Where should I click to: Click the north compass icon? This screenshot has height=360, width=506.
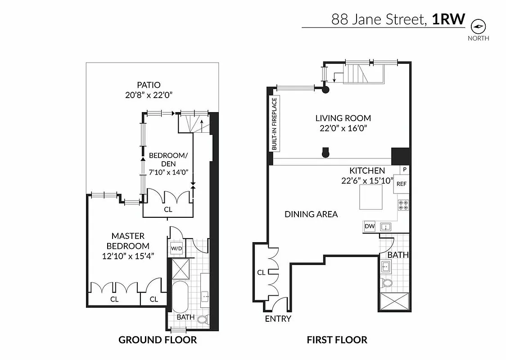(x=478, y=27)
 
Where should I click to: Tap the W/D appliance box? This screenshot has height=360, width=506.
(x=176, y=248)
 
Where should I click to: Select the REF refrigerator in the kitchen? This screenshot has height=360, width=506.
(x=401, y=184)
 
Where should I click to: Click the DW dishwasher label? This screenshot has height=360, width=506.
(x=370, y=226)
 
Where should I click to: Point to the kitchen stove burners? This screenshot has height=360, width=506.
(x=403, y=205)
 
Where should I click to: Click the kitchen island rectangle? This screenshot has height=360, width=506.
(x=371, y=198)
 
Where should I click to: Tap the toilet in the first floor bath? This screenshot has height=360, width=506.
(x=387, y=283)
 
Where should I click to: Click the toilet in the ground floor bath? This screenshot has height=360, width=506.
(x=203, y=319)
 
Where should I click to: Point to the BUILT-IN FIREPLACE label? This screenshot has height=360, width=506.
(x=273, y=123)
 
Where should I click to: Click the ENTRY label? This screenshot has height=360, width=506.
(x=278, y=319)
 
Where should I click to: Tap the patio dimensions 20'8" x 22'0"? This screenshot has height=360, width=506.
(x=149, y=94)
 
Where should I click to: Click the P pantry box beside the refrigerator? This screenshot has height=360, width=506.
(x=405, y=170)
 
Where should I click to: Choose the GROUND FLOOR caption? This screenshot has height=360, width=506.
(x=158, y=340)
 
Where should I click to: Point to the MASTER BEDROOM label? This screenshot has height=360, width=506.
(x=128, y=241)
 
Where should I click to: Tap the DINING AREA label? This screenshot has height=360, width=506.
(x=311, y=214)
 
